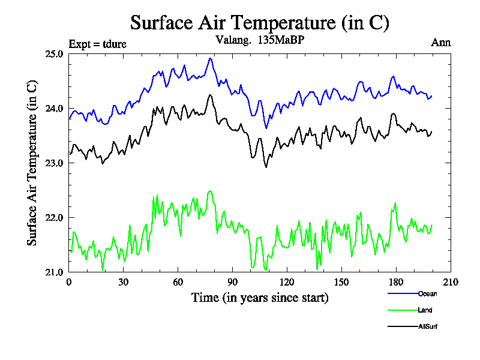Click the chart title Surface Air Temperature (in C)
(260, 23)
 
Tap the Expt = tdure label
(98, 43)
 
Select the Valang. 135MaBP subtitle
(260, 41)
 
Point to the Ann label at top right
(441, 43)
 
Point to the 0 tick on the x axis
(69, 283)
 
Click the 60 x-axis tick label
(178, 283)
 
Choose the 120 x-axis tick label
(287, 283)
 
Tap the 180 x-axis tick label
(396, 283)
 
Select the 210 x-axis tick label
(450, 283)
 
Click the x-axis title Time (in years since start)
(260, 298)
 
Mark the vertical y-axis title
(32, 163)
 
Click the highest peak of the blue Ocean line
(210, 58)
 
